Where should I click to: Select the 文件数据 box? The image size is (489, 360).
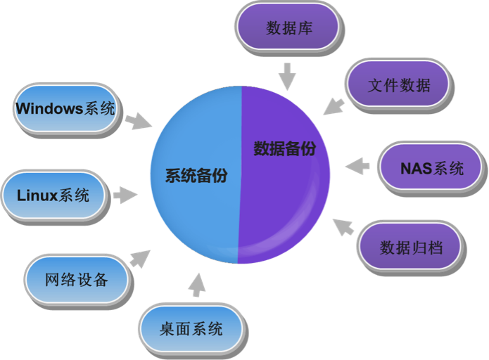click(x=398, y=85)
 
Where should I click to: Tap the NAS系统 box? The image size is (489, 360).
click(x=431, y=169)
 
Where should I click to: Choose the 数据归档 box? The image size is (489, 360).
click(x=410, y=247)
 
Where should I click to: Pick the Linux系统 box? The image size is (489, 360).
click(x=53, y=195)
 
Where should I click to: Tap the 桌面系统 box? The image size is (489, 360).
click(x=191, y=328)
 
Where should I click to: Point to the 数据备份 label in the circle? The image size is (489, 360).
click(x=284, y=150)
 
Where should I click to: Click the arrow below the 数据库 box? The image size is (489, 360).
click(x=286, y=76)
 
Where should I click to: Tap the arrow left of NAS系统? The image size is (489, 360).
click(x=357, y=167)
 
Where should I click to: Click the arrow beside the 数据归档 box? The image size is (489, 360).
click(x=343, y=227)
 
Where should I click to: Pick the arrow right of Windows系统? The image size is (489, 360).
click(x=139, y=121)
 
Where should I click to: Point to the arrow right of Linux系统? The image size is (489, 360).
click(x=126, y=195)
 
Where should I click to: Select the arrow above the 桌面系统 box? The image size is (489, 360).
click(x=196, y=284)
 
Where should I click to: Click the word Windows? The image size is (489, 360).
click(x=49, y=109)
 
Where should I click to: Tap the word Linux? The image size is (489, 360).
click(x=37, y=195)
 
